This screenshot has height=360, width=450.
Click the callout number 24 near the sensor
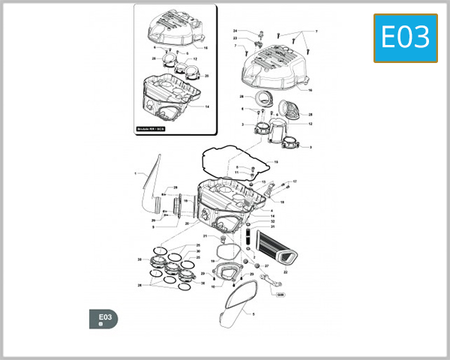coord(235,31)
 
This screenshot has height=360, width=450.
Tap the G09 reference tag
coord(280,294)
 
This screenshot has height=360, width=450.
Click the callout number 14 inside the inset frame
coord(206,106)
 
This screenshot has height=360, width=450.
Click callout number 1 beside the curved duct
coord(136,174)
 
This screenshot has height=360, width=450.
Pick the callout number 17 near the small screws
coord(295,182)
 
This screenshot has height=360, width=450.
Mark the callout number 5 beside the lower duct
coord(253,315)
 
